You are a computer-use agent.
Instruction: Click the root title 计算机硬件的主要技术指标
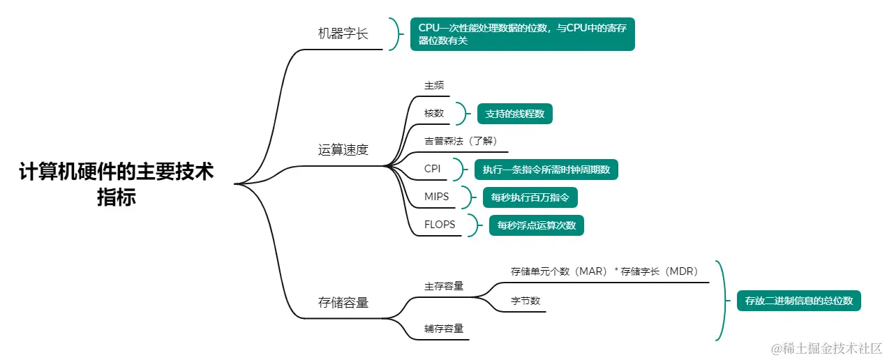tap(117, 184)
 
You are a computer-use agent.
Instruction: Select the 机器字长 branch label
tap(343, 33)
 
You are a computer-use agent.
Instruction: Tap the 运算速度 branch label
tap(343, 149)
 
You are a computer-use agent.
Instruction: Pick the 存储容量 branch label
tap(343, 302)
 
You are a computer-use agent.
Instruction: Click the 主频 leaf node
tap(434, 85)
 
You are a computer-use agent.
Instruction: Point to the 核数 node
tap(434, 113)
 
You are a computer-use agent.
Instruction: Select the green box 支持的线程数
tap(515, 114)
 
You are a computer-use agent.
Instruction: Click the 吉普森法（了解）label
tap(461, 141)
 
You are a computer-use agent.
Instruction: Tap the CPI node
tap(433, 169)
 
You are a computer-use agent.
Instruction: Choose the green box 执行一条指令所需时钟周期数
tap(546, 170)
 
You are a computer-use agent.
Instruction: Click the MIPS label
tap(437, 197)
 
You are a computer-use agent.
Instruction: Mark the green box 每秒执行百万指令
tap(530, 197)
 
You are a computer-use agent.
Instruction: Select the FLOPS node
tap(440, 225)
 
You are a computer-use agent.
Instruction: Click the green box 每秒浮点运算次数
tap(537, 225)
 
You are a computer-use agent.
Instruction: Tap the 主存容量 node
tap(444, 286)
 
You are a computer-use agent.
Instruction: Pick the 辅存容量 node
tap(444, 328)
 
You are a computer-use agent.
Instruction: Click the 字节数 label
tap(526, 301)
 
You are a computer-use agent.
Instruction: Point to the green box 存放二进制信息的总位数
tap(799, 301)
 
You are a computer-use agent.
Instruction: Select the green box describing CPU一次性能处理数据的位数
tap(522, 34)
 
